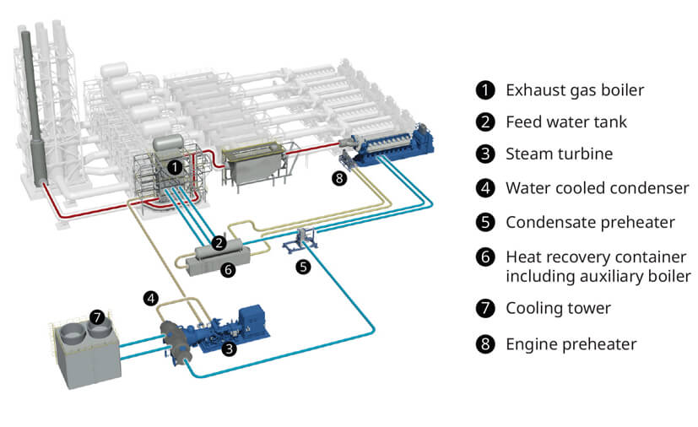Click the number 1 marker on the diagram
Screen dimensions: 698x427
click(175, 167)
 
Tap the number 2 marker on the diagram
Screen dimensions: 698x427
click(219, 243)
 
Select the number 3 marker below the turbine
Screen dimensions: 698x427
click(229, 349)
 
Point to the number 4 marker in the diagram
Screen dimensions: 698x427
click(151, 299)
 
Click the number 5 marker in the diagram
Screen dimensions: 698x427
click(303, 267)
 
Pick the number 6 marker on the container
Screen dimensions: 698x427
click(228, 269)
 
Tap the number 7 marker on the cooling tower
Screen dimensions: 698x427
click(97, 317)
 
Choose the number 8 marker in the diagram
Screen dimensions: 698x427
click(339, 178)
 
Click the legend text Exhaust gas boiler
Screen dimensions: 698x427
click(575, 90)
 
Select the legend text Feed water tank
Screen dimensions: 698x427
click(566, 122)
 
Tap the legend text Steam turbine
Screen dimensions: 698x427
click(559, 154)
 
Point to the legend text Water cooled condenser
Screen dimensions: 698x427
click(598, 188)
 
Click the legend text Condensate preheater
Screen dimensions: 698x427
click(590, 222)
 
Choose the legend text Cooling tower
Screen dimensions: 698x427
click(558, 308)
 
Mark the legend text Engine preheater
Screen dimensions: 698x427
click(571, 344)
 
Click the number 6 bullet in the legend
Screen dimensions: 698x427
click(485, 257)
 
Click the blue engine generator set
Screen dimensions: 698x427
click(387, 143)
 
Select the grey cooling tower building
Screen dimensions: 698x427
click(84, 352)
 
